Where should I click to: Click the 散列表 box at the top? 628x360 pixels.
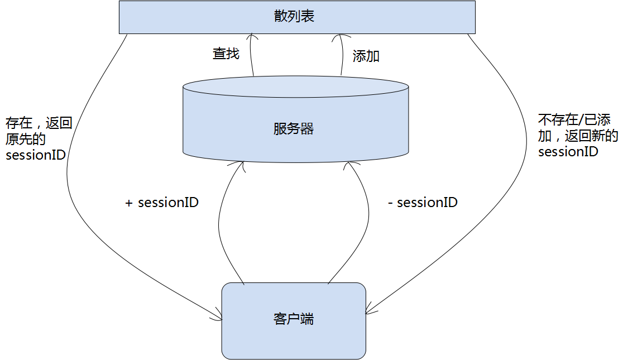297,17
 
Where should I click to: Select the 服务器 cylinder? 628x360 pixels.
295,120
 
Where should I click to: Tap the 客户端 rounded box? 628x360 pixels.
294,320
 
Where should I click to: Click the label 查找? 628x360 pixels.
226,54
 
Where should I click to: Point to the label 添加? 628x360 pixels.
366,56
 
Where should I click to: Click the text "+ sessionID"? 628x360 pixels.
162,203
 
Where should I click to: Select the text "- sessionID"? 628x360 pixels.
423,203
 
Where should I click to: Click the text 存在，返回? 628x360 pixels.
39,123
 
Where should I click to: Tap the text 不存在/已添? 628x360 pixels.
574,119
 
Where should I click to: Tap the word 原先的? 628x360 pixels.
26,139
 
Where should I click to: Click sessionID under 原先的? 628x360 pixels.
36,155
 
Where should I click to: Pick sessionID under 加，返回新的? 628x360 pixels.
568,151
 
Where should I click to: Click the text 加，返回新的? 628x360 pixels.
578,136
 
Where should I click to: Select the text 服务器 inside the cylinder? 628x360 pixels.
294,129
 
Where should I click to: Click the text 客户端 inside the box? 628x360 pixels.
294,319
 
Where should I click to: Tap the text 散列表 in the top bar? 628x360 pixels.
294,16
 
